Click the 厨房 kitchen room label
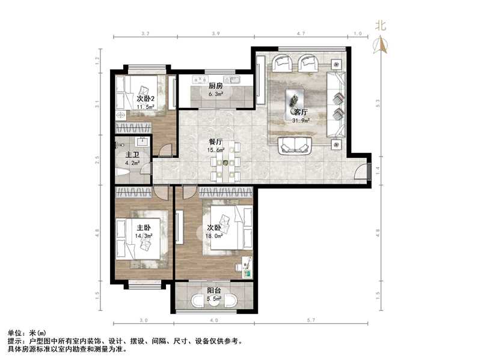[x=216, y=86]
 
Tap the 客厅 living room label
[x=299, y=112]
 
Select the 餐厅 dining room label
[x=215, y=142]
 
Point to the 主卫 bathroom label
[x=132, y=153]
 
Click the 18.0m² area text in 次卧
[x=215, y=236]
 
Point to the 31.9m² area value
[x=300, y=120]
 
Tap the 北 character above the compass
[x=380, y=25]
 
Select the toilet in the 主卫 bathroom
[x=122, y=173]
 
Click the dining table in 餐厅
[x=226, y=161]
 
